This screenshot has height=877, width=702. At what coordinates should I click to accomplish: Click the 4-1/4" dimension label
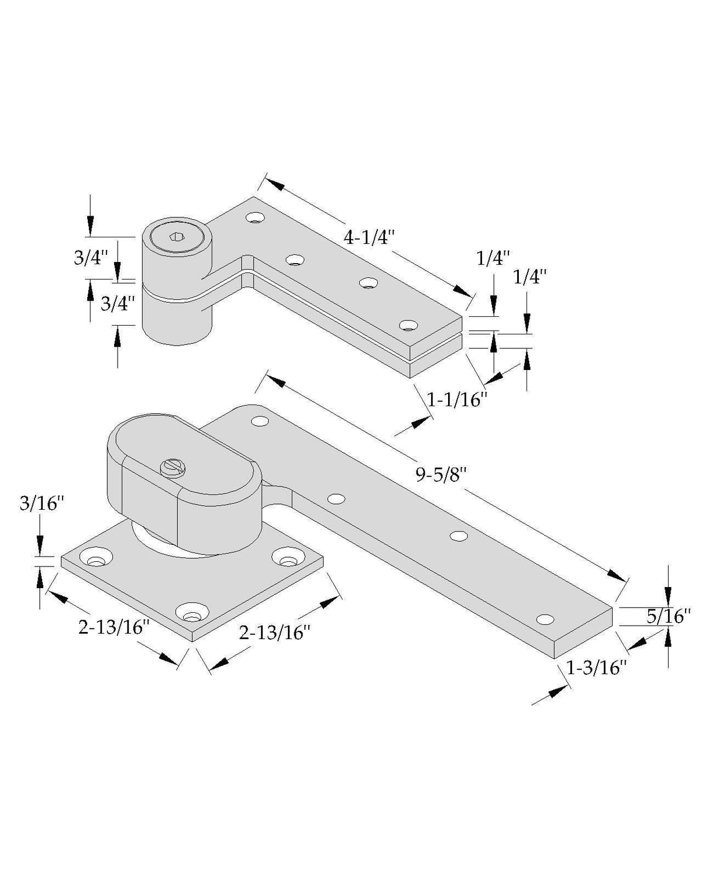(x=369, y=237)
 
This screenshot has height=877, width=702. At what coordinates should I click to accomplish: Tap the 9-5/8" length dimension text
(x=441, y=475)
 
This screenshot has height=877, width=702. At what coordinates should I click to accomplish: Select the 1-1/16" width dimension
(x=457, y=400)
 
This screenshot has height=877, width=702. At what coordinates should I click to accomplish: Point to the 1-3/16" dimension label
(x=596, y=668)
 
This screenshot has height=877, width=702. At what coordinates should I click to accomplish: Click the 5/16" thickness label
(x=668, y=616)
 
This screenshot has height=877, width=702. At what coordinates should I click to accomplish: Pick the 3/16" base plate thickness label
(x=42, y=504)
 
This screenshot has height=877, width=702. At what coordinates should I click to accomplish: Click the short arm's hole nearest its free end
(x=409, y=325)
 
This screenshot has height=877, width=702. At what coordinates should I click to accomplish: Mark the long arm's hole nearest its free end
(x=545, y=619)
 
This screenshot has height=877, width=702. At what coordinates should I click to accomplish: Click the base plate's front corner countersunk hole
(x=192, y=612)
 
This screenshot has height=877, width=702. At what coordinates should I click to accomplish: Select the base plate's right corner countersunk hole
(x=288, y=557)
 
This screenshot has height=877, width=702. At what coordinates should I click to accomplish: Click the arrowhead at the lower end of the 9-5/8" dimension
(x=617, y=575)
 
